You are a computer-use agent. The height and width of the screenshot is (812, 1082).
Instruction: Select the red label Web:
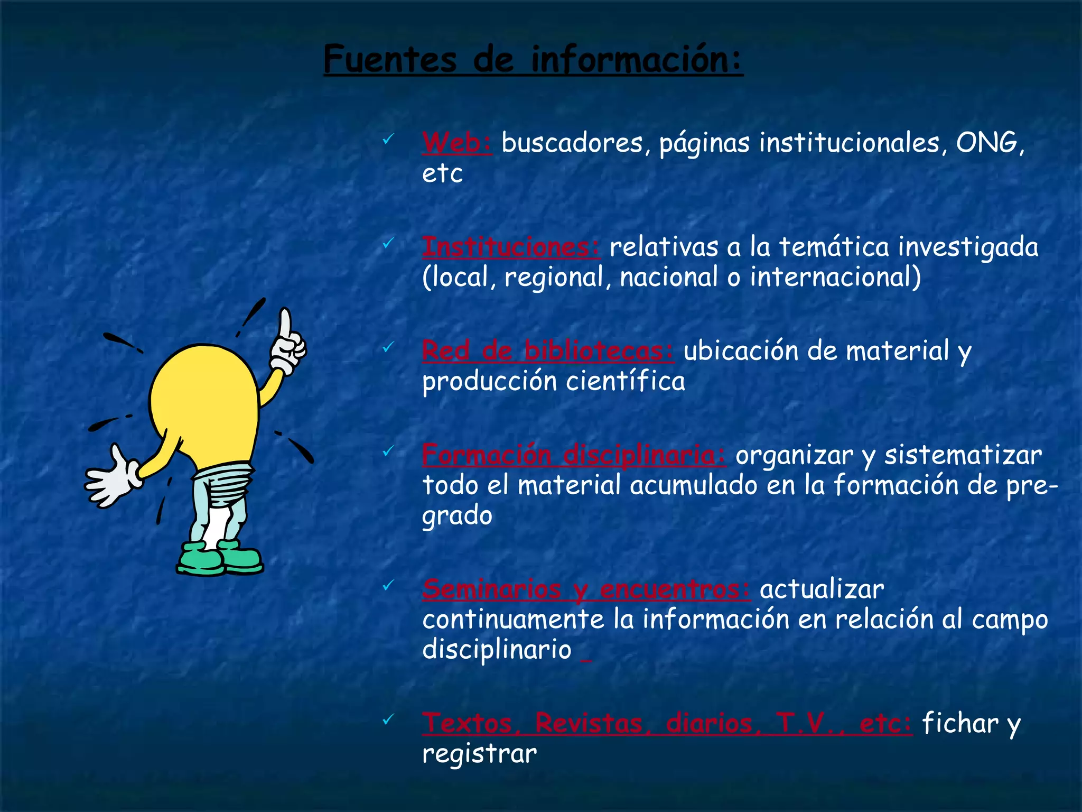pyautogui.click(x=457, y=143)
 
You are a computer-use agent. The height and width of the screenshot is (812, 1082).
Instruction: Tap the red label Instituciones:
pyautogui.click(x=511, y=247)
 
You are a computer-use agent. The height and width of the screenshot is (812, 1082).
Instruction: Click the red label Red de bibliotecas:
pyautogui.click(x=548, y=350)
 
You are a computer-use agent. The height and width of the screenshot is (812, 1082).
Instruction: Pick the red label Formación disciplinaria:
pyautogui.click(x=574, y=455)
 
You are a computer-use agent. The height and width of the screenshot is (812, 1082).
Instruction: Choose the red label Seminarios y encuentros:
pyautogui.click(x=586, y=589)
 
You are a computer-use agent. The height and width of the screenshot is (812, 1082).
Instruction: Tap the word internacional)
pyautogui.click(x=835, y=277)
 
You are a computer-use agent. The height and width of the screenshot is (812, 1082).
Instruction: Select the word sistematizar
pyautogui.click(x=963, y=455)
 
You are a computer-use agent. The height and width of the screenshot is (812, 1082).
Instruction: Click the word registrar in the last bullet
pyautogui.click(x=479, y=754)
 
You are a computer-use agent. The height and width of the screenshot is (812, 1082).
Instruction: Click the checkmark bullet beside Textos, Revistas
pyautogui.click(x=388, y=719)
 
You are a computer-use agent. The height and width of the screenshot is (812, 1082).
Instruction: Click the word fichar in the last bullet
pyautogui.click(x=960, y=723)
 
